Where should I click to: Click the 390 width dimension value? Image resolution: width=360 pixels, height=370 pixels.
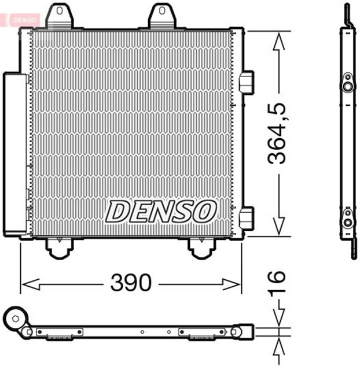coord(131,283)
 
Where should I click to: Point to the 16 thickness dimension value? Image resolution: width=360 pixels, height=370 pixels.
coord(280,283)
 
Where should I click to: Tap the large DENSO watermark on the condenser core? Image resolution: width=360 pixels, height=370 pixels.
coord(160,212)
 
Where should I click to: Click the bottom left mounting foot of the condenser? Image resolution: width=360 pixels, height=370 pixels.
coord(58,248)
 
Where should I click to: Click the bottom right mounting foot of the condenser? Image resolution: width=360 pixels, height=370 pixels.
coord(201,248)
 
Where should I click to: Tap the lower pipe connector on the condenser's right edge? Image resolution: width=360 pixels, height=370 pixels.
coord(247,218)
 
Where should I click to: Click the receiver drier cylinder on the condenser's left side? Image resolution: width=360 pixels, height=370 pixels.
coord(14,153)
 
